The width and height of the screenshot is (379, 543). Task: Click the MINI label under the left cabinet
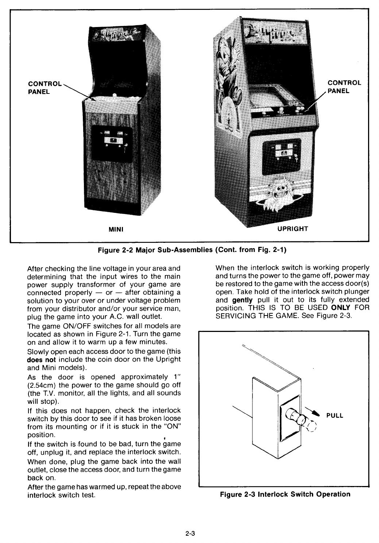[115, 229]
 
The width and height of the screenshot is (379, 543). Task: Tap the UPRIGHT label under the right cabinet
[292, 229]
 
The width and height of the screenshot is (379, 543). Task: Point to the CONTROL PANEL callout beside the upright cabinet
[344, 87]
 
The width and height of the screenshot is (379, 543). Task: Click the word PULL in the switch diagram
[335, 416]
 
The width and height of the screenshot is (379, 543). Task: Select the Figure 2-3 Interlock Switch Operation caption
[285, 494]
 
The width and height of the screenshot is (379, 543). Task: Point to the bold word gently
[242, 300]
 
